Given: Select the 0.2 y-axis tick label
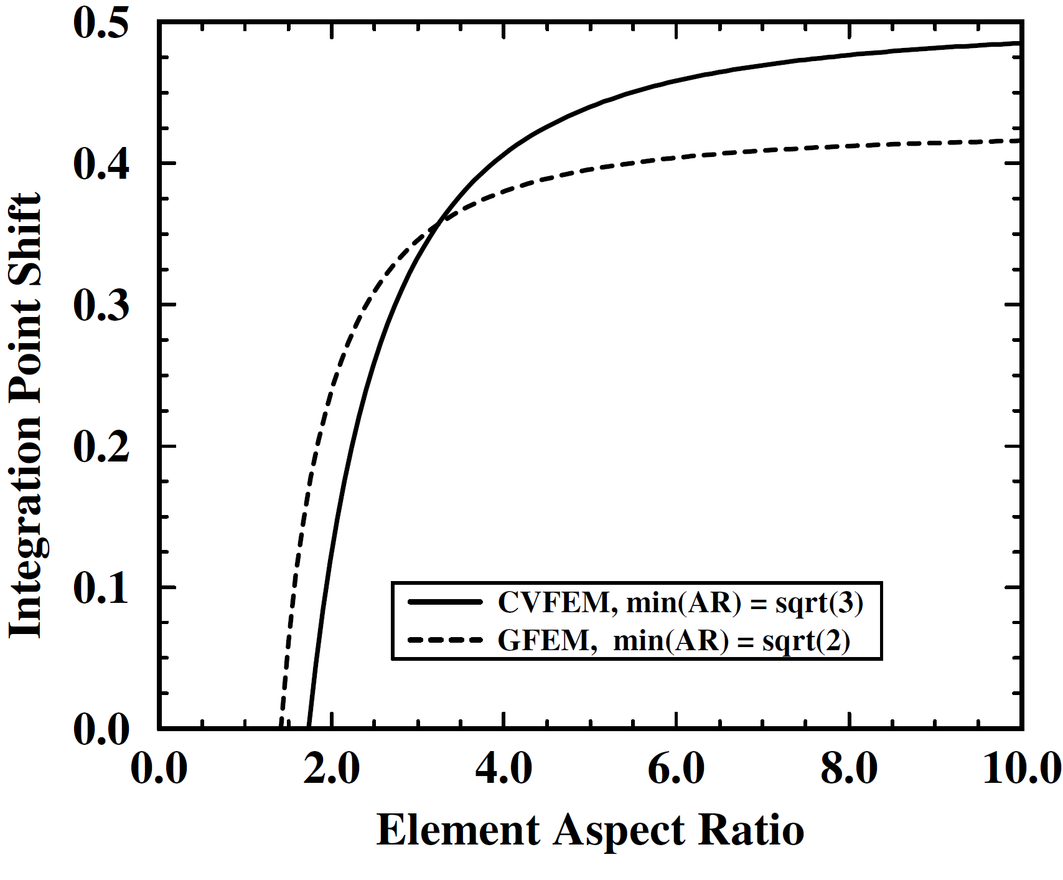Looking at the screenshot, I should [101, 447].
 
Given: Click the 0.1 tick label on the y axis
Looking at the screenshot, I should [101, 588].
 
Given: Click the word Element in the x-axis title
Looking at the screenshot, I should [459, 830].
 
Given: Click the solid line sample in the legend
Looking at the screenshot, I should [445, 602].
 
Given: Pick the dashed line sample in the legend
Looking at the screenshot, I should [445, 640].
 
